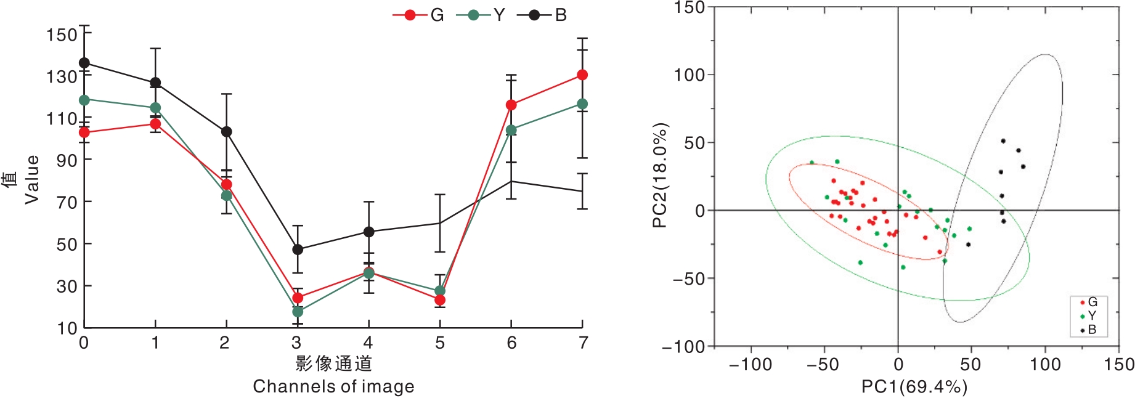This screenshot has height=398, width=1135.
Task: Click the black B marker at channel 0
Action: (84, 63)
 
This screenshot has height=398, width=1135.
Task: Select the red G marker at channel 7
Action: (582, 75)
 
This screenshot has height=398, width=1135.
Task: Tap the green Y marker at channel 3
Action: (298, 312)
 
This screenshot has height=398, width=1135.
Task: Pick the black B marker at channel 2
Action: (227, 132)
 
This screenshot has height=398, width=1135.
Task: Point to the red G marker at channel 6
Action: (511, 105)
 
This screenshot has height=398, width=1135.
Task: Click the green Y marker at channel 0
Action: (84, 100)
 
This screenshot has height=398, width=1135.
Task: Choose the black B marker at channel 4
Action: (368, 232)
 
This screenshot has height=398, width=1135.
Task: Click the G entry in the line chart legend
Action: (418, 15)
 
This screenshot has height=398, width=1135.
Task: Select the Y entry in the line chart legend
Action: (481, 15)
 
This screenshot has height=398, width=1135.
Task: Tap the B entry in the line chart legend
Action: (542, 15)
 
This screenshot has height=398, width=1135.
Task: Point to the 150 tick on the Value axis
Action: (62, 35)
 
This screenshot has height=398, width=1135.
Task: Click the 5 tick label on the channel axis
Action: (440, 343)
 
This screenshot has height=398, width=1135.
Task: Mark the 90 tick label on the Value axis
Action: (67, 160)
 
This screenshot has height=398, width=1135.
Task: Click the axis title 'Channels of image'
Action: (333, 386)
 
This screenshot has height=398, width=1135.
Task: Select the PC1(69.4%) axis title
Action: (914, 387)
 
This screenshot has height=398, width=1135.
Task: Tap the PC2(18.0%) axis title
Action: (659, 176)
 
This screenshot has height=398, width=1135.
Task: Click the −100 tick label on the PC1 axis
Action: (751, 365)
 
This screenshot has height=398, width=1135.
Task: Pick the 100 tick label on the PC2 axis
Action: (690, 75)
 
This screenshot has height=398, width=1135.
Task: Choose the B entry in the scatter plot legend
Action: (1088, 330)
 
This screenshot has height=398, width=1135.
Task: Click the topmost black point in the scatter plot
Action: (1003, 141)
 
